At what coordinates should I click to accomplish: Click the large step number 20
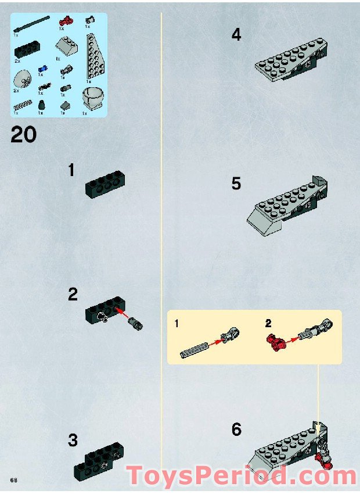(23, 135)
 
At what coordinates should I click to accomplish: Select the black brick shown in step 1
(106, 183)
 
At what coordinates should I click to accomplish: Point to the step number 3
(73, 440)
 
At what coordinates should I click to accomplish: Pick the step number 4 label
(236, 35)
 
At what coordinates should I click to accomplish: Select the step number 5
(236, 184)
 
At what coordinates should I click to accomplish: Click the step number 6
(236, 430)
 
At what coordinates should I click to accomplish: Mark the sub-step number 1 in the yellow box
(176, 323)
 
